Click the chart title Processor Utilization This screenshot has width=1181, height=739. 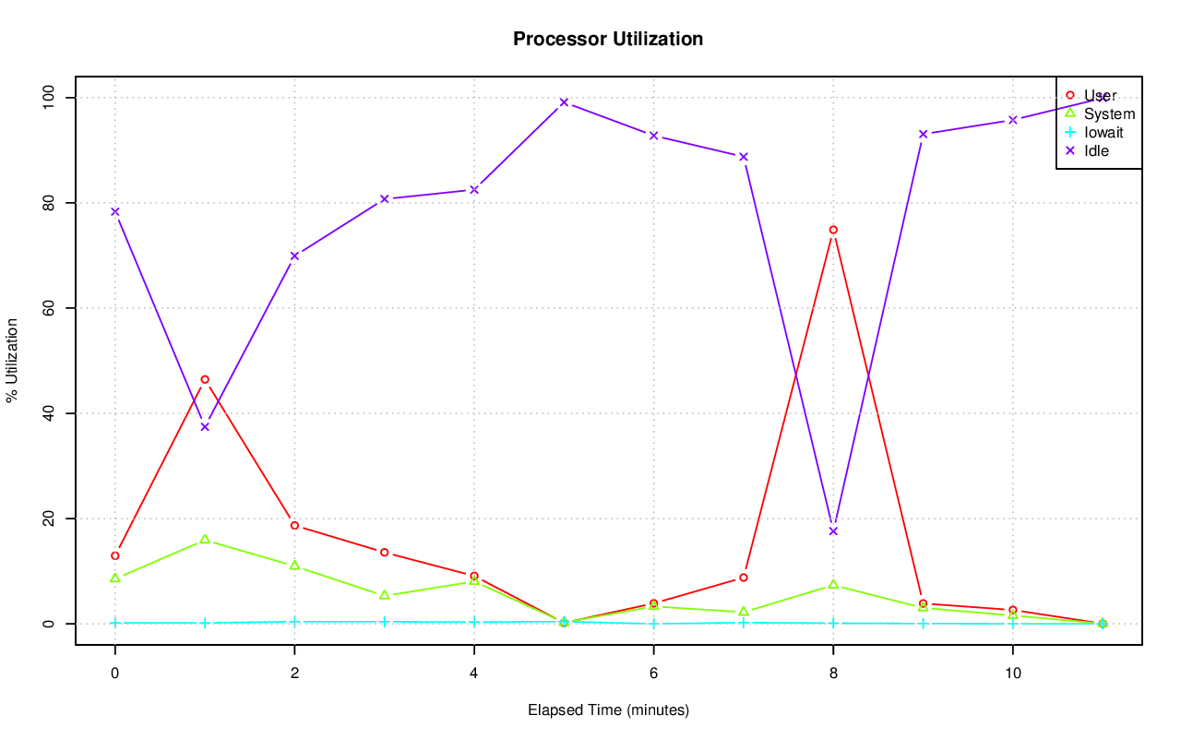pyautogui.click(x=608, y=39)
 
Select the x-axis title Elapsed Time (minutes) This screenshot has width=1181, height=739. pyautogui.click(x=608, y=710)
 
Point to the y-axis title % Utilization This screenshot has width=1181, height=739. pyautogui.click(x=12, y=360)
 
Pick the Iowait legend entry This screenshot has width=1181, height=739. pyautogui.click(x=1103, y=132)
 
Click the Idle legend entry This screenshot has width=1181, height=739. pyautogui.click(x=1096, y=150)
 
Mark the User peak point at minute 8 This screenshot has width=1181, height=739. pyautogui.click(x=833, y=230)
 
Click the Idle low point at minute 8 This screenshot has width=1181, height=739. pyautogui.click(x=833, y=531)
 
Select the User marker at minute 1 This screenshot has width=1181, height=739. pyautogui.click(x=205, y=379)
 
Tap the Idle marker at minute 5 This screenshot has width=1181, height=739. pyautogui.click(x=564, y=102)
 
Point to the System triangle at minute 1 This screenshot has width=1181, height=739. pyautogui.click(x=205, y=540)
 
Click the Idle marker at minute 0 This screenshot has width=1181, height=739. pyautogui.click(x=115, y=211)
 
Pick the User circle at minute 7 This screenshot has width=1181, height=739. pyautogui.click(x=744, y=578)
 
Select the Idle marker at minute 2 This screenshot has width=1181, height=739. pyautogui.click(x=294, y=256)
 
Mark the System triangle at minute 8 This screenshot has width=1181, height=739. pyautogui.click(x=833, y=585)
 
